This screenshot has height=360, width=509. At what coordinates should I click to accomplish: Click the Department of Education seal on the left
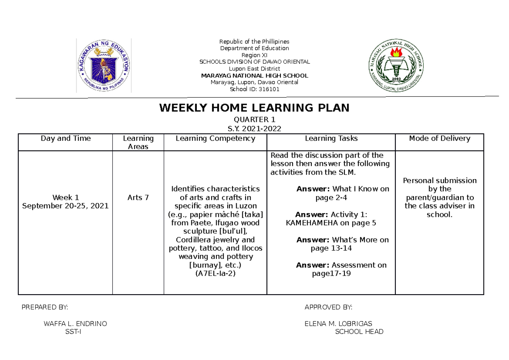click(104, 65)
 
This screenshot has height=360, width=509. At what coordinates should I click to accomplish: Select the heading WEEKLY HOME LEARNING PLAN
click(254, 108)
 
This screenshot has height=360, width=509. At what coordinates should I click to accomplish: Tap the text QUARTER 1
click(255, 120)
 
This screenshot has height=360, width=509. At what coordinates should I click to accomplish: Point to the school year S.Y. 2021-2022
click(255, 129)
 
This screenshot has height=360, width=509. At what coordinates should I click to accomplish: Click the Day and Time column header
click(65, 138)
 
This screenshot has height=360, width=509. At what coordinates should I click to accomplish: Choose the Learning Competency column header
click(215, 138)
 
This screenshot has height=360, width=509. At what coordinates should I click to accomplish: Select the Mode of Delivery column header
click(439, 138)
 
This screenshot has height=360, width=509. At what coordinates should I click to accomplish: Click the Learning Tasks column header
click(331, 138)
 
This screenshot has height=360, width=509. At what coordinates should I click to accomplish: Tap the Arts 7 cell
click(138, 197)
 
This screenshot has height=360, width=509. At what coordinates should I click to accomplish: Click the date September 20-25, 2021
click(65, 206)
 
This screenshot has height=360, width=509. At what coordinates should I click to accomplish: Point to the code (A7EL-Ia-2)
click(215, 274)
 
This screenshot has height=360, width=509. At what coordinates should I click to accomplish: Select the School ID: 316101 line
click(255, 89)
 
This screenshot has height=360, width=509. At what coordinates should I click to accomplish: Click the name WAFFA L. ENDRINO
click(76, 324)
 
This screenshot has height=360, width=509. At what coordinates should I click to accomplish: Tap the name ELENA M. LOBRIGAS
click(338, 324)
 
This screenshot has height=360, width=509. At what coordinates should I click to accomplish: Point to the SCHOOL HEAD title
click(359, 332)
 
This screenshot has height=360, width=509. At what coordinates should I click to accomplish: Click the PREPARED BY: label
click(45, 307)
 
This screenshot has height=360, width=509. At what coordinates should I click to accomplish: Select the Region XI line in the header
click(255, 55)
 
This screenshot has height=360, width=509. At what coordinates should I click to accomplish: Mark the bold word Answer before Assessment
click(313, 265)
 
